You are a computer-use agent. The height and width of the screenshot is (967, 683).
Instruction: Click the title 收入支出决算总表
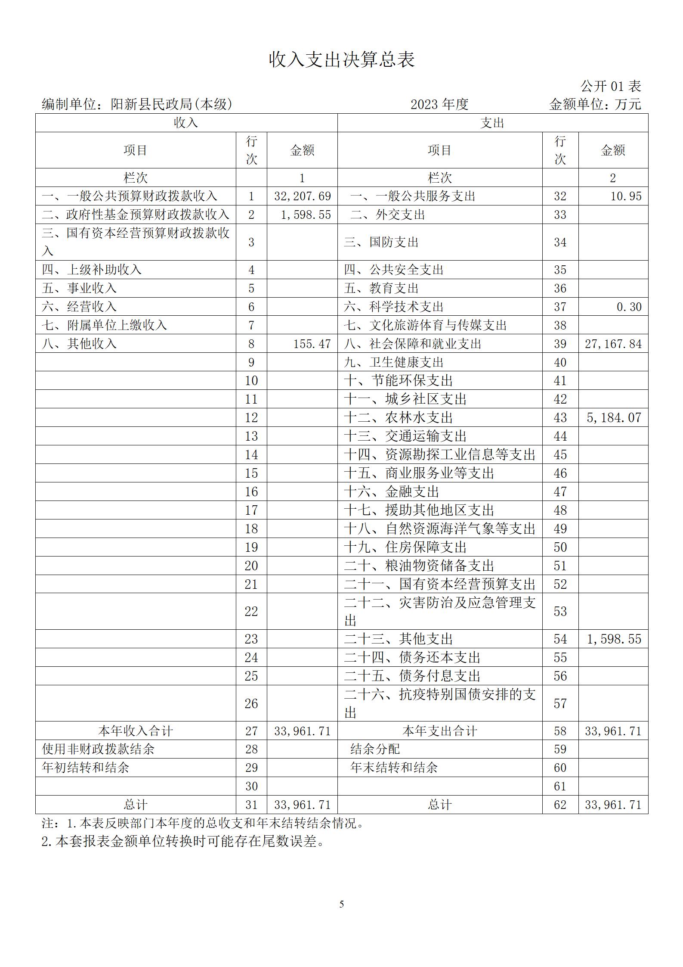[342, 59]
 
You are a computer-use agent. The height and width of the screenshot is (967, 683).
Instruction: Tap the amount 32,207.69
[302, 196]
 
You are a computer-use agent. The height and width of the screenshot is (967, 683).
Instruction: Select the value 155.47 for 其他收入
[312, 344]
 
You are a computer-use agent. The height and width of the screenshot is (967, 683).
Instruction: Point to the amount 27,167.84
[613, 344]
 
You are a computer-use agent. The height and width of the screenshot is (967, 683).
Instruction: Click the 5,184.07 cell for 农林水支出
[614, 417]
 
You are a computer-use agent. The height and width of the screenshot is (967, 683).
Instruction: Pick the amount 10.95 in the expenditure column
[626, 196]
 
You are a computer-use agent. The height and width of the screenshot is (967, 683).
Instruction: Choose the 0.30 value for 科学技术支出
[629, 307]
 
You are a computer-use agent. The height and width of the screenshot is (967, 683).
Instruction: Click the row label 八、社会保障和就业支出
[412, 344]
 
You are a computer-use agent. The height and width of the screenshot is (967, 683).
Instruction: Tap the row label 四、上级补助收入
[92, 270]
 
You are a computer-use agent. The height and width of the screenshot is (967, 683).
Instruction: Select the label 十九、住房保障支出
[405, 547]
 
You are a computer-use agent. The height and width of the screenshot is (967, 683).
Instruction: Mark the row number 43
[560, 417]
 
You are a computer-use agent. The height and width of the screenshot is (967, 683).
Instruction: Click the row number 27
[251, 731]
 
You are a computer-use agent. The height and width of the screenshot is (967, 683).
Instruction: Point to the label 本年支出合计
[439, 731]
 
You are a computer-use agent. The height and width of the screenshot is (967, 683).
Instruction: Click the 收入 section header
[186, 123]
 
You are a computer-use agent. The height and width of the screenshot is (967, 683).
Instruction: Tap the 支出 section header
[492, 123]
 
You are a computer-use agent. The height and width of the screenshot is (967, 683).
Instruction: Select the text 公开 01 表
[611, 86]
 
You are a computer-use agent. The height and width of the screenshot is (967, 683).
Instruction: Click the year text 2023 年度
[439, 104]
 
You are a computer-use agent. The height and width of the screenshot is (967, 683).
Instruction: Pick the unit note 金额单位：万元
[595, 104]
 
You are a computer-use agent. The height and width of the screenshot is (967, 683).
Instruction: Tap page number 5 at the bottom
[342, 904]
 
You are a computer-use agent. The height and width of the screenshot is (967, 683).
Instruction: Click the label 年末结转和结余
[394, 768]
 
